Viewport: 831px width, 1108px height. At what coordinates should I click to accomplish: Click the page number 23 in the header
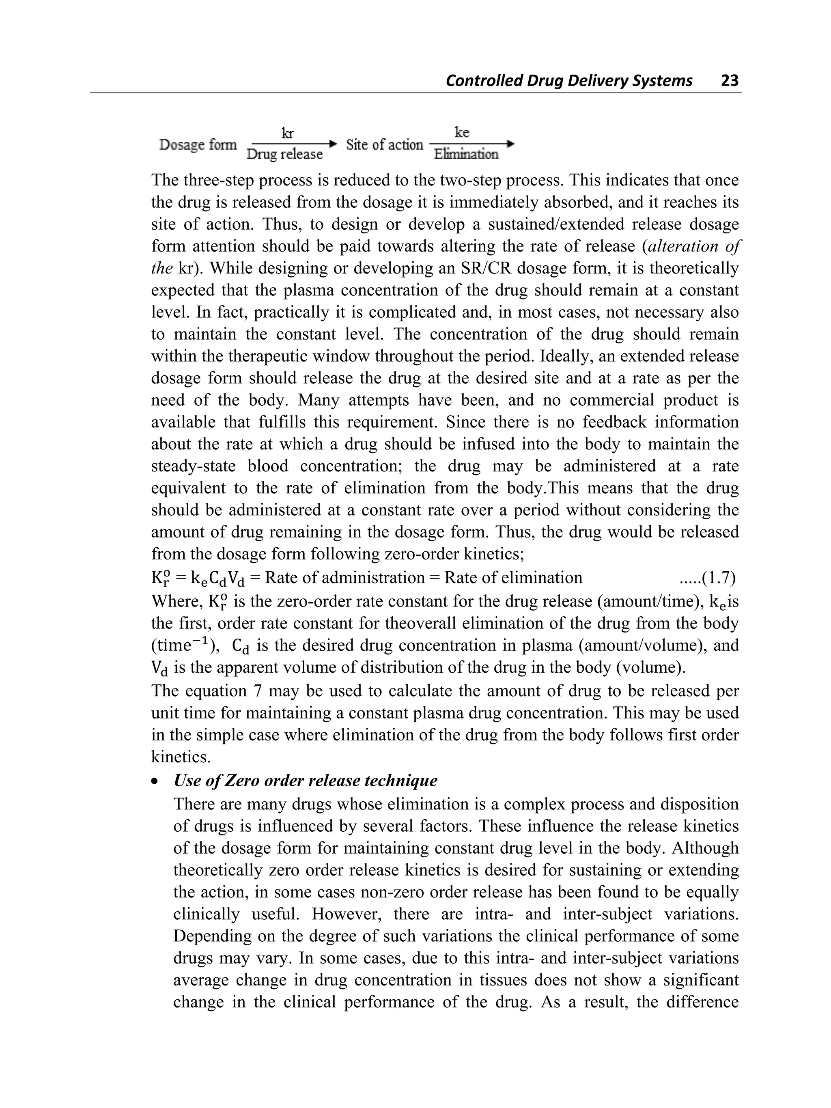point(729,80)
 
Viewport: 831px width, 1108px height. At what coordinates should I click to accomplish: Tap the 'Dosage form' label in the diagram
point(198,145)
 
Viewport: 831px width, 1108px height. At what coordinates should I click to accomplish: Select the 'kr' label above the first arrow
point(288,133)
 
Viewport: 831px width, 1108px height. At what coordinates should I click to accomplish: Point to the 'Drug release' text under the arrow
point(284,154)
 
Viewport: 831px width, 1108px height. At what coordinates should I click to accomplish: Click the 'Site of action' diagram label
point(384,145)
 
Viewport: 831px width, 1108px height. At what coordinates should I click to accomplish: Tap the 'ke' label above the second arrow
point(462,132)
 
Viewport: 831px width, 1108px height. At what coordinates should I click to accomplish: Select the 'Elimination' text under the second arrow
point(466,154)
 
